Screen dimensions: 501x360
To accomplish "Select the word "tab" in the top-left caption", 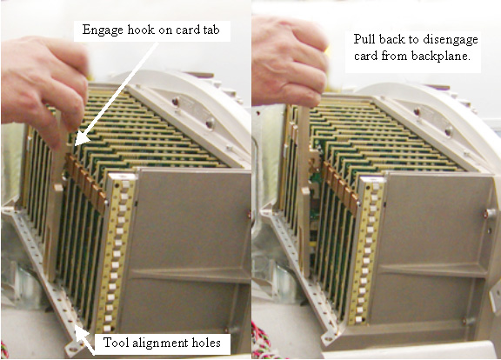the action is (211, 30).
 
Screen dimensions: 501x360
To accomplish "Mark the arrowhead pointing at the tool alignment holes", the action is (80, 333).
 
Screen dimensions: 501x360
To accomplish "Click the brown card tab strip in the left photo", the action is (86, 182).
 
